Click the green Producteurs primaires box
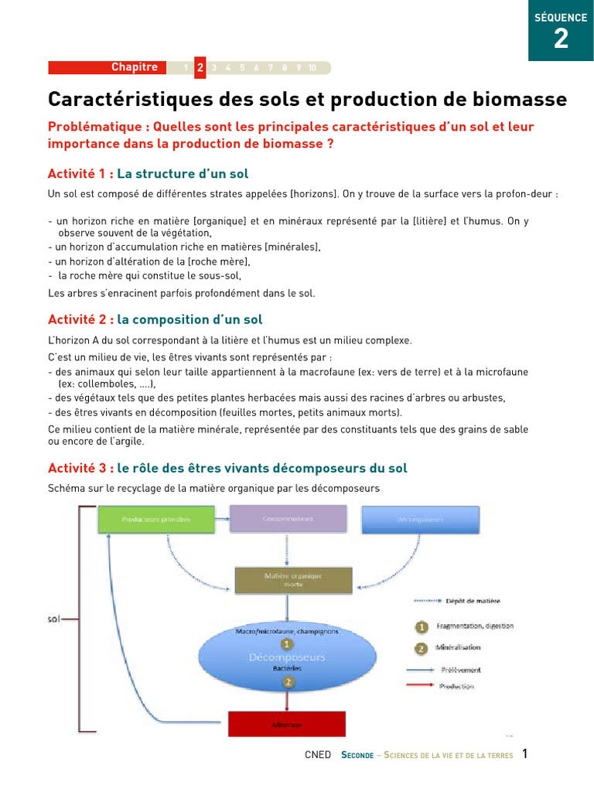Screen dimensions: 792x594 tap(154, 519)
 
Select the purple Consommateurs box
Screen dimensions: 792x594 tap(288, 519)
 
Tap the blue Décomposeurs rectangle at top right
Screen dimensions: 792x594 tap(421, 519)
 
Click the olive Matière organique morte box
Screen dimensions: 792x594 tap(293, 580)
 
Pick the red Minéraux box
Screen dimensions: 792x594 tap(286, 725)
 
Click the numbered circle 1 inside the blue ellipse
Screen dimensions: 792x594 tap(287, 643)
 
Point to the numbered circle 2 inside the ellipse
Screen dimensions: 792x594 tap(287, 681)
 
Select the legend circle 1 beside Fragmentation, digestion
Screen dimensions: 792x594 tap(422, 626)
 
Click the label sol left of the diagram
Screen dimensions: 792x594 tap(54, 620)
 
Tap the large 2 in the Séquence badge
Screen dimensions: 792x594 tap(561, 39)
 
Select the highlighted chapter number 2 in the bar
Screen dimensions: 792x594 tap(200, 67)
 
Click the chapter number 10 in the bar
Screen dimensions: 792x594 tap(312, 68)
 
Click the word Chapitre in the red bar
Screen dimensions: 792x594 tap(134, 67)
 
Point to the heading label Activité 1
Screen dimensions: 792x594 tap(80, 174)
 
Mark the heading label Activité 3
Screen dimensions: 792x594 tap(80, 468)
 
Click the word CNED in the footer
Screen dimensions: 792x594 tap(318, 755)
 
